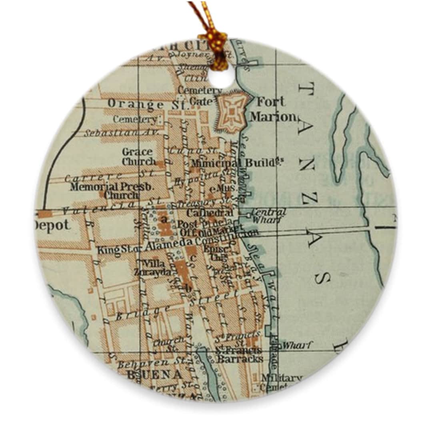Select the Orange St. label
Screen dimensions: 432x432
[147, 104]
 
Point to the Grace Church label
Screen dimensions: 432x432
[138, 157]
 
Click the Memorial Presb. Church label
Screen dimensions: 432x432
[112, 191]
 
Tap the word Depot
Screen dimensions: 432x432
[52, 225]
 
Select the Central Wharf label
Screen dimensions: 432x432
[268, 215]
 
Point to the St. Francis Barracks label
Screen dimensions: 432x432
[239, 354]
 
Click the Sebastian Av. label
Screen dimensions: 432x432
[121, 132]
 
